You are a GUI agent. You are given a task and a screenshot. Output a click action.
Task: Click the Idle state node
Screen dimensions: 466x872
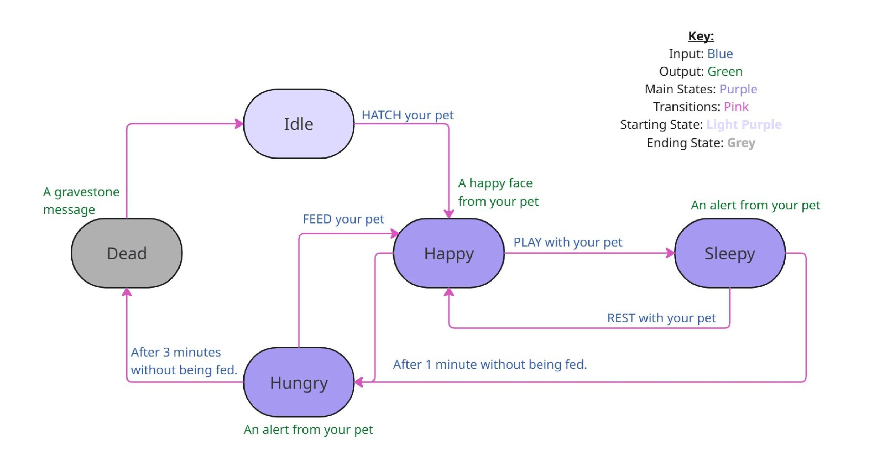coord(299,124)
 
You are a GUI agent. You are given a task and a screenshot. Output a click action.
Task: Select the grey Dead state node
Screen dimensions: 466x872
coord(127,253)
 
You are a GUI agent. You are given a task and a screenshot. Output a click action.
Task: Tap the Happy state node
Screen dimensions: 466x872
coord(448,253)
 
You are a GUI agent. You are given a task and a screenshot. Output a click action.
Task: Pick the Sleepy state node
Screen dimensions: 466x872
coord(730,253)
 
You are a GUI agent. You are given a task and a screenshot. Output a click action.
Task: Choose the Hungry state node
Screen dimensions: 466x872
coord(299,383)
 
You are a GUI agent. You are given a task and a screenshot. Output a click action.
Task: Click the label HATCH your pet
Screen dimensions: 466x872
coord(407,115)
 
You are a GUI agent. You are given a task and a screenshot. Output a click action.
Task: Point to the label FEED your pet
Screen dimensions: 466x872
coord(343,219)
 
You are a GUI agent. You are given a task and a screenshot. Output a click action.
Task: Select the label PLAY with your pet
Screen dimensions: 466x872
coord(568,242)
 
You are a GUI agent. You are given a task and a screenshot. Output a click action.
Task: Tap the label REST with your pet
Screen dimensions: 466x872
coord(661,318)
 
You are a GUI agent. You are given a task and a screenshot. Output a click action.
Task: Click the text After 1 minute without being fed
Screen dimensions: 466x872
coord(490,364)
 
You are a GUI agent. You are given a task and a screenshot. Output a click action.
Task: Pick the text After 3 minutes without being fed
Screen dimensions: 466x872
coord(184,361)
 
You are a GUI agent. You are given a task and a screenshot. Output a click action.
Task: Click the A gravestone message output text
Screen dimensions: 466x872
coord(81,201)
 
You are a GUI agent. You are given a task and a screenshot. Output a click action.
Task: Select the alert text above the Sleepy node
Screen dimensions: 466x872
coord(755,205)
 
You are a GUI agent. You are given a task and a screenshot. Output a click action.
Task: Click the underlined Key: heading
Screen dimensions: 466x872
coord(701,36)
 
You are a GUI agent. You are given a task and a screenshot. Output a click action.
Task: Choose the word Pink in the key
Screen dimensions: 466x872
coord(736,107)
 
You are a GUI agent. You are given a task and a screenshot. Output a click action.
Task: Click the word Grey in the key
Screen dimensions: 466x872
coord(741,143)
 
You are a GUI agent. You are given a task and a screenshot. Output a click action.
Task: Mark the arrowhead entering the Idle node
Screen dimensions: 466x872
coord(239,124)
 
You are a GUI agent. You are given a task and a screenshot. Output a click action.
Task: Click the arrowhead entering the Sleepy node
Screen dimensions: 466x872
coord(670,253)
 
